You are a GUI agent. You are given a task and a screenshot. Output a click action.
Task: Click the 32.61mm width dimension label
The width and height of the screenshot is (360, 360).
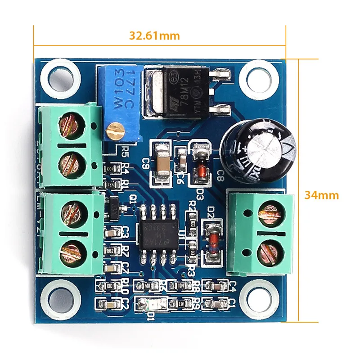coord(154,36)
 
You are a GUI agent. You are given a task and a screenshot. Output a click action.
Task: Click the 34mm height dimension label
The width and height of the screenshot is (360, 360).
coord(321,195)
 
